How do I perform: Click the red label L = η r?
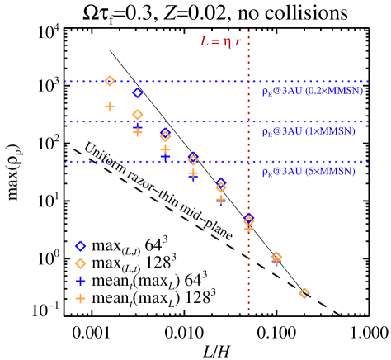point(219,41)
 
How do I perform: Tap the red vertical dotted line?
point(248,272)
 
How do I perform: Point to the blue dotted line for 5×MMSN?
point(124,162)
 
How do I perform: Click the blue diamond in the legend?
point(80,246)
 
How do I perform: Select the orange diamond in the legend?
point(80,263)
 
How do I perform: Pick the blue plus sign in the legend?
point(80,281)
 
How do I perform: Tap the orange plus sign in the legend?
point(80,298)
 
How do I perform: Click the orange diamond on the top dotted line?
point(110,81)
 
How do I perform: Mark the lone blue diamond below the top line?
point(138,93)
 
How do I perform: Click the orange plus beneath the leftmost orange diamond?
point(110,107)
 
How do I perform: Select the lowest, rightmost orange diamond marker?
point(304,293)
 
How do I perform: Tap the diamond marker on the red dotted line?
point(248,220)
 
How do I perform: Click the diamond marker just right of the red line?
point(276,258)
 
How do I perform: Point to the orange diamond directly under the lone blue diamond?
point(138,115)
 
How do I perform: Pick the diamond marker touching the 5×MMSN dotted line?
point(193,159)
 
